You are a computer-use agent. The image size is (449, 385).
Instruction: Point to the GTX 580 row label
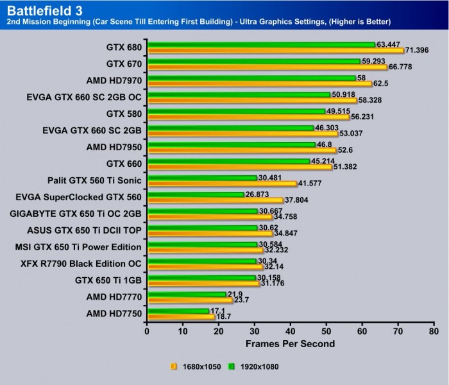point(124,114)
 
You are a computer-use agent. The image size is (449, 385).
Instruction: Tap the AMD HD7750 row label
point(114,314)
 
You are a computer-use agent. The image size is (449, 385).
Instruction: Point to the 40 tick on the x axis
point(291,332)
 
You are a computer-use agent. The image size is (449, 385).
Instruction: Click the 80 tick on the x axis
point(434,332)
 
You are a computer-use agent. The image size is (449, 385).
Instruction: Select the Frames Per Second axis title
point(290,344)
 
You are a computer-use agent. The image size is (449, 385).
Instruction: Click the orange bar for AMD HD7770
point(190,300)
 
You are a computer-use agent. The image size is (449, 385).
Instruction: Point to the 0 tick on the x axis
point(148,332)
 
